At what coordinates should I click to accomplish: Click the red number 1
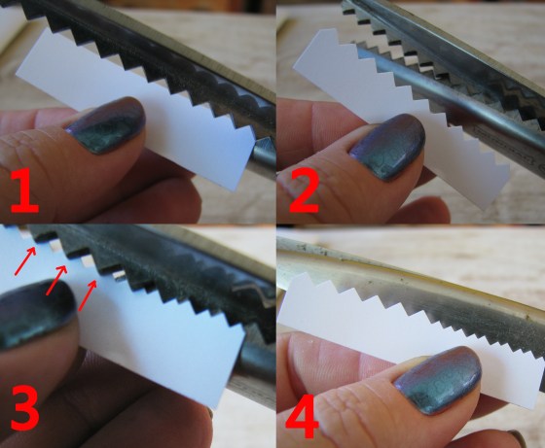tap(24, 190)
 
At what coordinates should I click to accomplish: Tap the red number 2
tap(304, 191)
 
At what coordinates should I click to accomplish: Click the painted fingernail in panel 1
tap(106, 125)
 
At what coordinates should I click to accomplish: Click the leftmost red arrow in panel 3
tap(25, 261)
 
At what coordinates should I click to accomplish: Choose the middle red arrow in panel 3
tap(56, 281)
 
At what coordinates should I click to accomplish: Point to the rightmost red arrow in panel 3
tap(87, 295)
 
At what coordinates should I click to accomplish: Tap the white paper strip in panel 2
tap(400, 115)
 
